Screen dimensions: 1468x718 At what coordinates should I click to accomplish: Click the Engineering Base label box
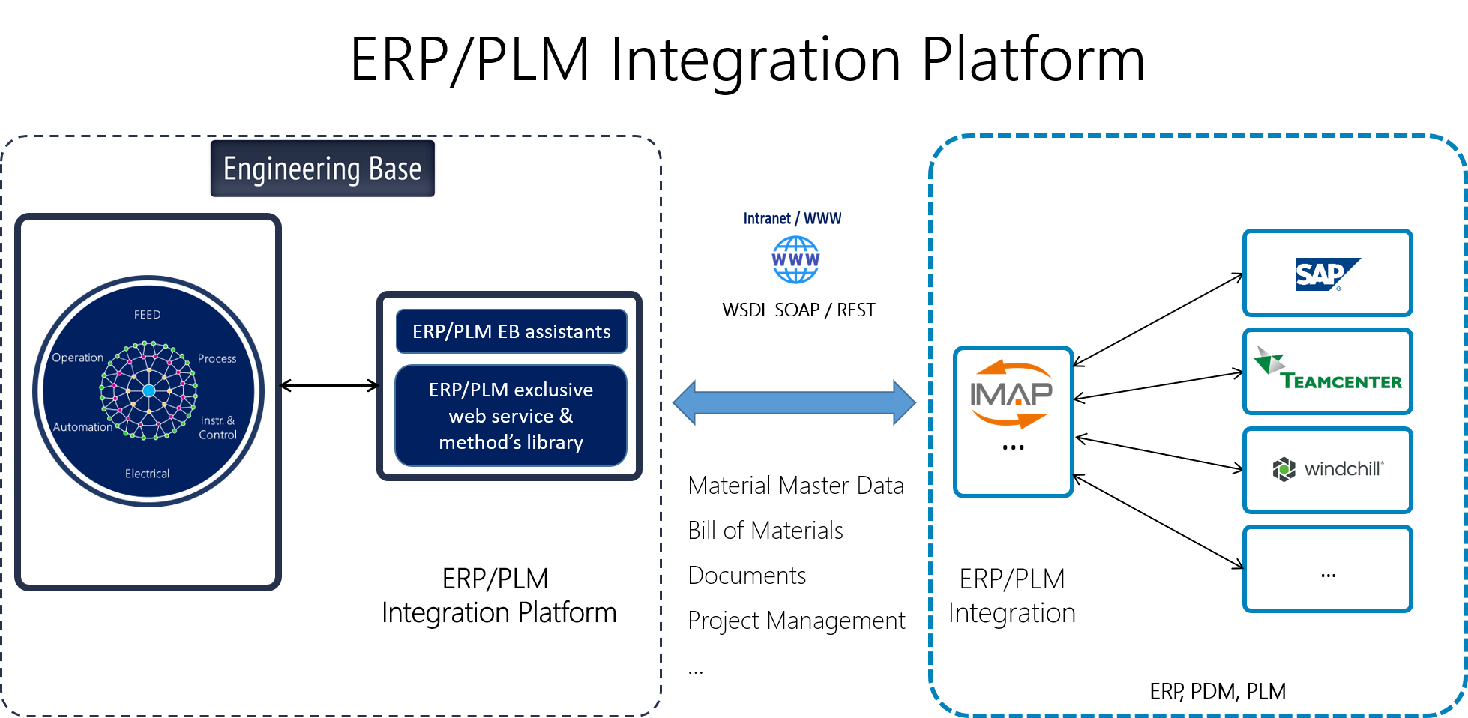pos(322,169)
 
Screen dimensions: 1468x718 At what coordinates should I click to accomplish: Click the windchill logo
pos(1328,469)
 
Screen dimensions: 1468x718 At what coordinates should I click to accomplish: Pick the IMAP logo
pos(1011,393)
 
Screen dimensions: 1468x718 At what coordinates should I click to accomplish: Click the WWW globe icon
pos(795,259)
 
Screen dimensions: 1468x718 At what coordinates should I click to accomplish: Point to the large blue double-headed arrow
pos(794,402)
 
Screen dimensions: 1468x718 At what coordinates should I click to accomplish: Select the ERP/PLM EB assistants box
pos(511,331)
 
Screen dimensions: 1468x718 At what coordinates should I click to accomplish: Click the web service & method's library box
pos(511,415)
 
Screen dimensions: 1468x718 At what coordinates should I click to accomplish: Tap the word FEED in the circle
pos(148,315)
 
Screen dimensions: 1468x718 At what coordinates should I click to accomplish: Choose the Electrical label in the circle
pos(148,474)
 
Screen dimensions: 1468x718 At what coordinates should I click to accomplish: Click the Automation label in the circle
pos(82,427)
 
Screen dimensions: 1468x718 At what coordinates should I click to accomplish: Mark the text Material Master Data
pos(796,486)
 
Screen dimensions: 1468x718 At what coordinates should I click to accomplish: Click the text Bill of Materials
pos(765,531)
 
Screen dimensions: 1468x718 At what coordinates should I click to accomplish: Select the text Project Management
pos(796,621)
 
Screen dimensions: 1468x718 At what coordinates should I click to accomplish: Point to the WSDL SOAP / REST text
pos(798,310)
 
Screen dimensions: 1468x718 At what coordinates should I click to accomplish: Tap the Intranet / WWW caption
pos(792,218)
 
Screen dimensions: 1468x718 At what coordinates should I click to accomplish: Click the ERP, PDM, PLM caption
pos(1218,691)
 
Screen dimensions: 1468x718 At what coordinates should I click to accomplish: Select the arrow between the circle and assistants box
pos(329,386)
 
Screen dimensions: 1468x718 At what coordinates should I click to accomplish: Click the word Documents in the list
pos(747,576)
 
